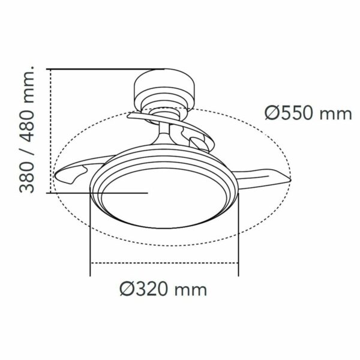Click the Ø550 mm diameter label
pos(304,113)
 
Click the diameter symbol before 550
pos(271,113)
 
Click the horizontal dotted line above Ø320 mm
pos(163,264)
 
